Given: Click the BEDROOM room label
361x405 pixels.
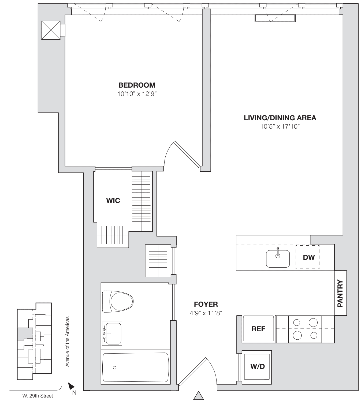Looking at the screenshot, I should pyautogui.click(x=137, y=85).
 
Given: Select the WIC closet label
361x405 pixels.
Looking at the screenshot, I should pyautogui.click(x=113, y=201).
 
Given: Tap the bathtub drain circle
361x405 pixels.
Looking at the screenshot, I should pyautogui.click(x=115, y=367).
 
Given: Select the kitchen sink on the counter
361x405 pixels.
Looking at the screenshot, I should pyautogui.click(x=278, y=259).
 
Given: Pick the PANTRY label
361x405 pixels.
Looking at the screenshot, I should pyautogui.click(x=340, y=293).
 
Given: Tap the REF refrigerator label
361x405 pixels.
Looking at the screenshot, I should pyautogui.click(x=258, y=329).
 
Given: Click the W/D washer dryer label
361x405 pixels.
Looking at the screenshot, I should pyautogui.click(x=257, y=366).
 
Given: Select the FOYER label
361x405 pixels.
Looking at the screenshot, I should pyautogui.click(x=206, y=304).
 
